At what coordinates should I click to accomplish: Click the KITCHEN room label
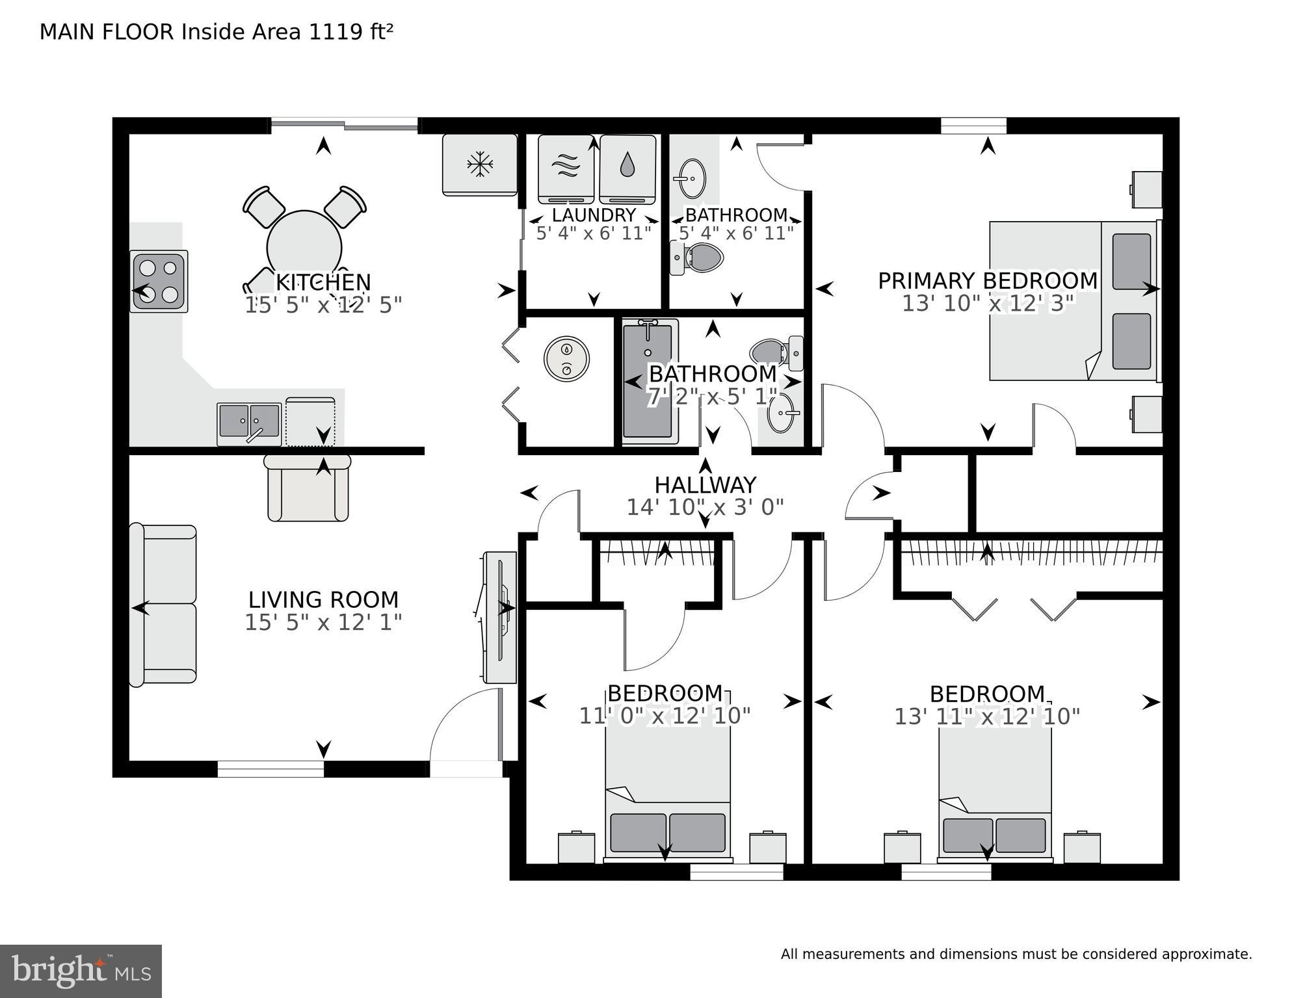pyautogui.click(x=323, y=282)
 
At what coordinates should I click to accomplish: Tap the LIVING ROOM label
pyautogui.click(x=323, y=599)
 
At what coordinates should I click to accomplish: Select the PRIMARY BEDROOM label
pyautogui.click(x=988, y=281)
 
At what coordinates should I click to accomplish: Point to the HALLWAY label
pyautogui.click(x=705, y=485)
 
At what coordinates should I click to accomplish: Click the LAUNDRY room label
pyautogui.click(x=594, y=215)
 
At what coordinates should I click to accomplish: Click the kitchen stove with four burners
pyautogui.click(x=159, y=282)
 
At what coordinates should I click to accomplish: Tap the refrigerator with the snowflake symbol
pyautogui.click(x=480, y=164)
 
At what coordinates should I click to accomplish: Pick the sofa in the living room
pyautogui.click(x=163, y=604)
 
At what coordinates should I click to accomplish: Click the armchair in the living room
pyautogui.click(x=308, y=488)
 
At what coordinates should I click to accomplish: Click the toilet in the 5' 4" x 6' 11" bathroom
pyautogui.click(x=698, y=258)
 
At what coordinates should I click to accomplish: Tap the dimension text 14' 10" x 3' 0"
pyautogui.click(x=705, y=507)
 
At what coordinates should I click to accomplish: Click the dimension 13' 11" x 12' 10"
pyautogui.click(x=987, y=716)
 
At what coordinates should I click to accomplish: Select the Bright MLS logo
pyautogui.click(x=81, y=971)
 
